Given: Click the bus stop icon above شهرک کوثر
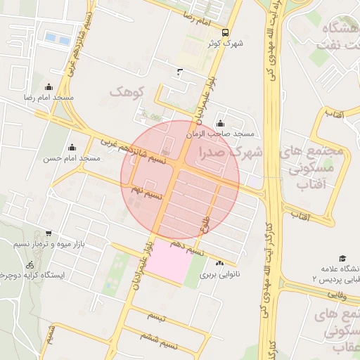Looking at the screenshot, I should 225,32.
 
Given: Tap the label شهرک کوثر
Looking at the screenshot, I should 225,44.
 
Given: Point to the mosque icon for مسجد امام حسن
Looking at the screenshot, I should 71,147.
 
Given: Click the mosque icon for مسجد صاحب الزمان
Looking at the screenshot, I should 220,124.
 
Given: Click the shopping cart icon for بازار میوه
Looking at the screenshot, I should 48,233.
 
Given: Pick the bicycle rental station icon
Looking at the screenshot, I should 30,266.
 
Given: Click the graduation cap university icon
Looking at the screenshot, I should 342,258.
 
